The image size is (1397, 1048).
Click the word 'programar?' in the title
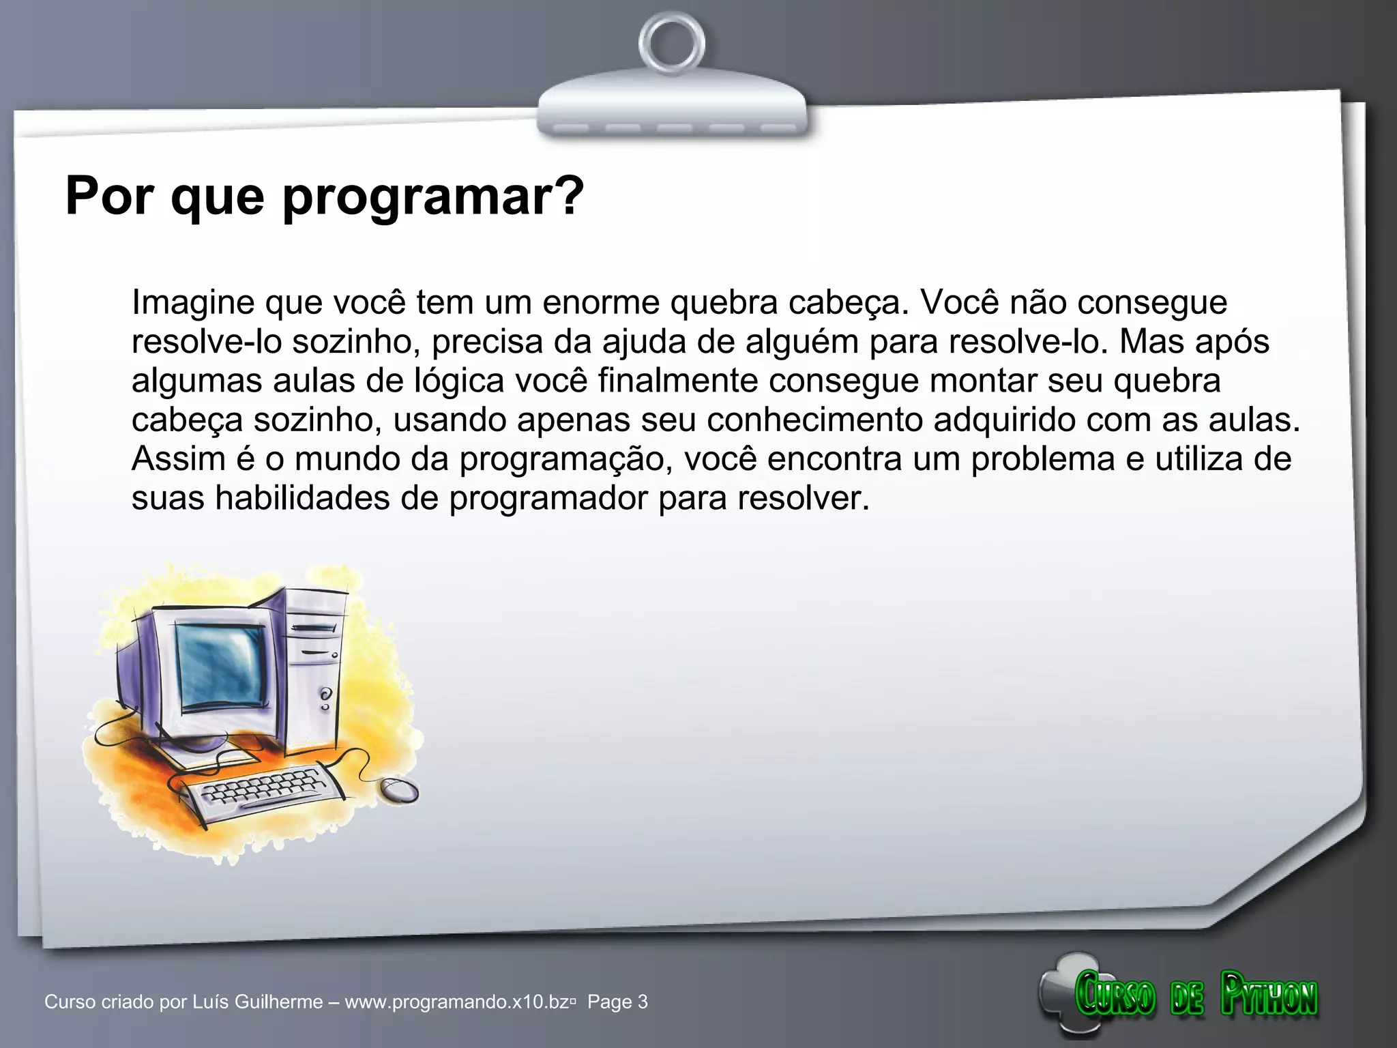pos(433,196)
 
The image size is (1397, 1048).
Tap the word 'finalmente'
pos(678,380)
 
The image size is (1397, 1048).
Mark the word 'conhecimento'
pos(814,420)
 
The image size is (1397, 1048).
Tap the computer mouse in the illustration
pos(399,790)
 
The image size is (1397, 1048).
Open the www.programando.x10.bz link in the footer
pos(457,1002)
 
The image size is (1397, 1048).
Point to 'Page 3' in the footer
pos(617,1002)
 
